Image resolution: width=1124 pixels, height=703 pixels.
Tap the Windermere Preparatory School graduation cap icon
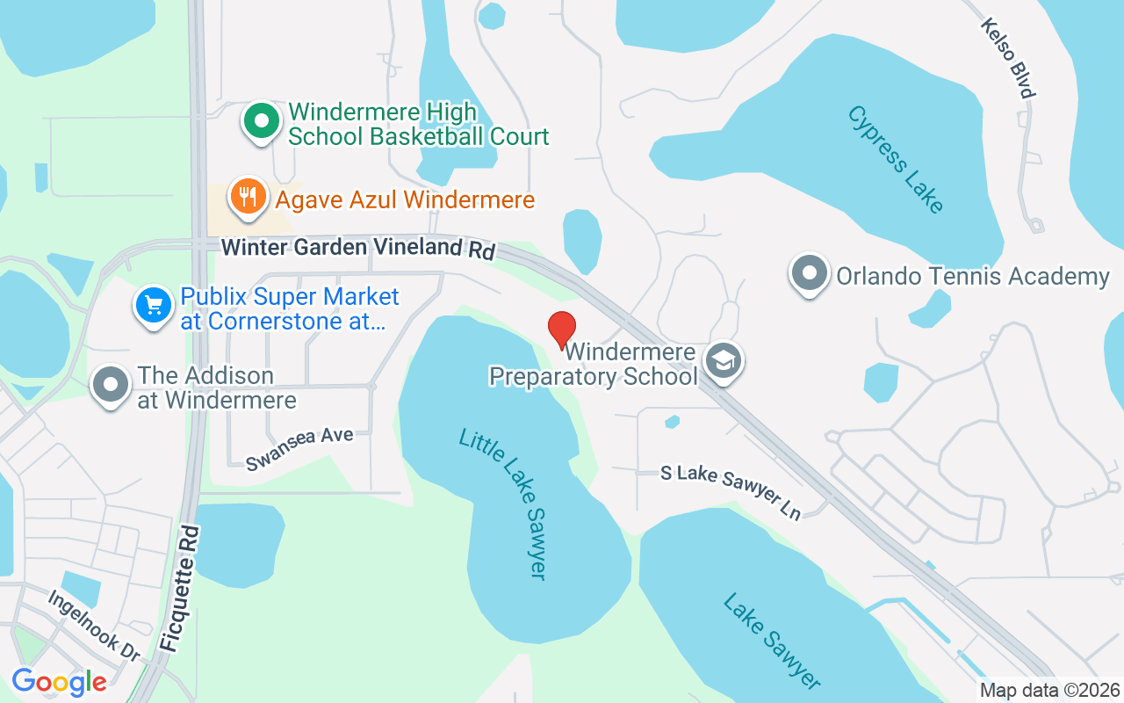pyautogui.click(x=725, y=361)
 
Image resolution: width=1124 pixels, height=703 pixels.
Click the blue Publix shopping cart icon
pyautogui.click(x=154, y=307)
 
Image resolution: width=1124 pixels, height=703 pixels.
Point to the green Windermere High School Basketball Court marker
pyautogui.click(x=261, y=122)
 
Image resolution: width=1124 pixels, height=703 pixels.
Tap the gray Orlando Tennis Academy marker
pyautogui.click(x=809, y=274)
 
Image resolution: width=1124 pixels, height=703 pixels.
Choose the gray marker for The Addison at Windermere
pyautogui.click(x=112, y=387)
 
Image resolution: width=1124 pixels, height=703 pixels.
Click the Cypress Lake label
pyautogui.click(x=896, y=159)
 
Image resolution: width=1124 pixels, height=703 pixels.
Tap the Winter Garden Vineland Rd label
pyautogui.click(x=357, y=248)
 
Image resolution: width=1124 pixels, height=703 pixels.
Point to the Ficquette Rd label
pyautogui.click(x=181, y=588)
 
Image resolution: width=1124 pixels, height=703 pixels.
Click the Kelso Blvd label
pyautogui.click(x=1010, y=58)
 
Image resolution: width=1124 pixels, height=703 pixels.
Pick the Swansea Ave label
pyautogui.click(x=299, y=448)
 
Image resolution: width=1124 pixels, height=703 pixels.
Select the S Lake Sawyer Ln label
pyautogui.click(x=731, y=492)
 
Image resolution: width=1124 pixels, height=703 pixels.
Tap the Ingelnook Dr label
pyautogui.click(x=94, y=625)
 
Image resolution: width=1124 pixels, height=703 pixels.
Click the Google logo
pyautogui.click(x=59, y=682)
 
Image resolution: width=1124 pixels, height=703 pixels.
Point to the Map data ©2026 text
pyautogui.click(x=1050, y=690)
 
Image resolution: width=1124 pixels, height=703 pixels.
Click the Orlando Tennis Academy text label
pyautogui.click(x=973, y=277)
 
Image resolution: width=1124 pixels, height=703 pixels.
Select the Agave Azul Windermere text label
pyautogui.click(x=405, y=200)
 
